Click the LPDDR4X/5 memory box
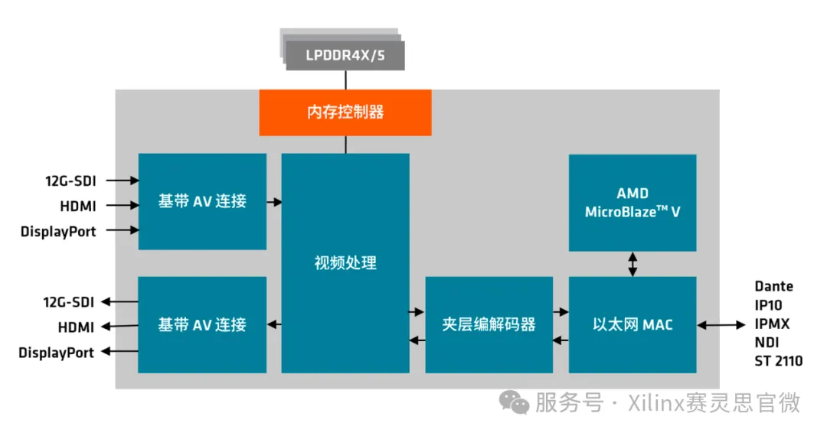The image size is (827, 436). tap(345, 56)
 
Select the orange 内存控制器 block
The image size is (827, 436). tap(345, 112)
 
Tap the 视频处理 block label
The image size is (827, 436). tap(345, 263)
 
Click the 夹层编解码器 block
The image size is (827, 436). tap(489, 324)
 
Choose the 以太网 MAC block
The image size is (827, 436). tap(633, 324)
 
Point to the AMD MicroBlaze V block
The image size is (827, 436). tap(633, 203)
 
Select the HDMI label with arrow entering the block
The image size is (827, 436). tap(77, 206)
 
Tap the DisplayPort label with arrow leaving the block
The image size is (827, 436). tap(57, 353)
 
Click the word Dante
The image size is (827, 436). tap(773, 286)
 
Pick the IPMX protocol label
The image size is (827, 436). tap(772, 324)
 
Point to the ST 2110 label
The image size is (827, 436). tap(779, 360)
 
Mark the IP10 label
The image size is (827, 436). tap(768, 305)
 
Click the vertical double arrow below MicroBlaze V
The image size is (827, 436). tap(633, 264)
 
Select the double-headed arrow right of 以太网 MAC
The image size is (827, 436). tap(721, 325)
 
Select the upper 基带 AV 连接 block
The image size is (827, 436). tap(202, 201)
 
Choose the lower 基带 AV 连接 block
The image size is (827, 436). tap(202, 324)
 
